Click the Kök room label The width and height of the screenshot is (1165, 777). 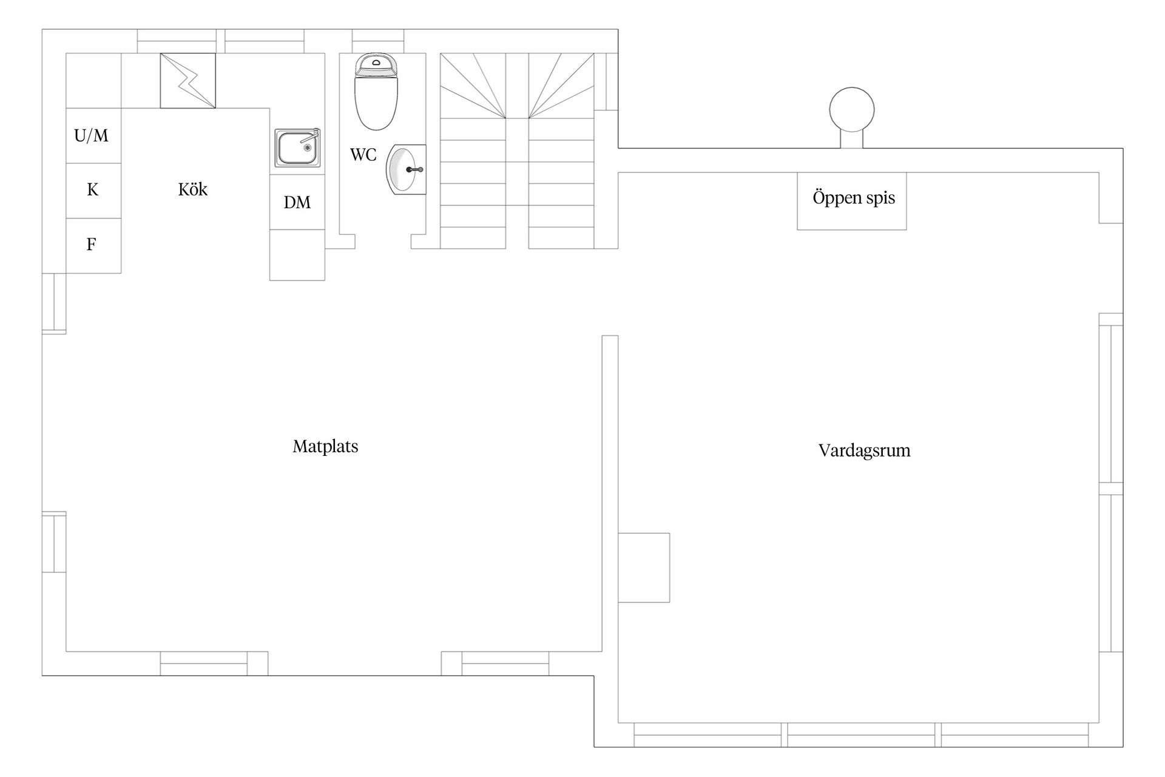point(193,189)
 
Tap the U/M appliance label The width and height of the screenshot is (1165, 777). point(92,135)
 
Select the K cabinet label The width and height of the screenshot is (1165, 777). point(92,190)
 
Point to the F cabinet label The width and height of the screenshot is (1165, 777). point(91,244)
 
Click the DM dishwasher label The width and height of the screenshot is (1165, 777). point(297,203)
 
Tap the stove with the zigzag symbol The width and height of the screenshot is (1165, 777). point(187,81)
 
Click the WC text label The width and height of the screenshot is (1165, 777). point(363,155)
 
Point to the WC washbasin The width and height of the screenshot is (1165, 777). point(406,169)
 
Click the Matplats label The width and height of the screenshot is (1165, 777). point(325,447)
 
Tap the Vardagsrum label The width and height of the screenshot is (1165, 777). point(864,450)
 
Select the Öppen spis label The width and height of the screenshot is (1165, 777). point(854,198)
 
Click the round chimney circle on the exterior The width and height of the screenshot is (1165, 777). point(852,110)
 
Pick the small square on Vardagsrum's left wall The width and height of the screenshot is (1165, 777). point(644,568)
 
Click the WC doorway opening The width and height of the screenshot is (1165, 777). point(383,242)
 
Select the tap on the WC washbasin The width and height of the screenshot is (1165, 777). point(414,169)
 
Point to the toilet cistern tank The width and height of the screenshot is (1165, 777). point(376,65)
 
